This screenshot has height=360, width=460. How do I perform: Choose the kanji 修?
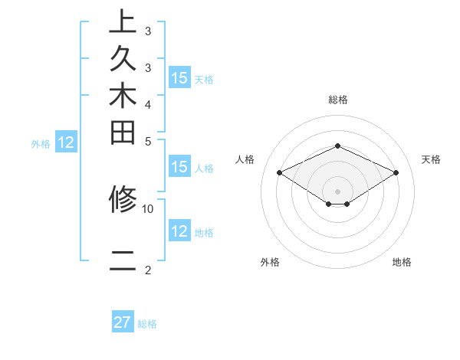(x=123, y=200)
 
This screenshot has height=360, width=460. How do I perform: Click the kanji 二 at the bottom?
(x=123, y=261)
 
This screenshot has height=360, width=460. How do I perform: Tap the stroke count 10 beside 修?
(x=148, y=208)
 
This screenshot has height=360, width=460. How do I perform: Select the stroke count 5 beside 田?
(x=148, y=141)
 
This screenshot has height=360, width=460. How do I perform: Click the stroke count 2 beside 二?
(x=148, y=270)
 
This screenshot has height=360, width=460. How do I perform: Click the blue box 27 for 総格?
(x=123, y=322)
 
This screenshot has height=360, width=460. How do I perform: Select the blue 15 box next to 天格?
(x=179, y=77)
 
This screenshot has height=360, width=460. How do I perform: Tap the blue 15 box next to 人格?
(x=179, y=168)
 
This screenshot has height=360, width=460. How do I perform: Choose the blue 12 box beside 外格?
(x=66, y=142)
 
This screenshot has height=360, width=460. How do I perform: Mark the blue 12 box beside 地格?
(x=179, y=231)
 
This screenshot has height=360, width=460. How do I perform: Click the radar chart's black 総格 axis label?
(x=337, y=100)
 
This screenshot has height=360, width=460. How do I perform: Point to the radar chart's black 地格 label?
(x=402, y=263)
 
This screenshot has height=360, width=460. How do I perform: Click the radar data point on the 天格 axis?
(x=396, y=173)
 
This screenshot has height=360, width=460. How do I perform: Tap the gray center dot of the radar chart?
(x=337, y=191)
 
